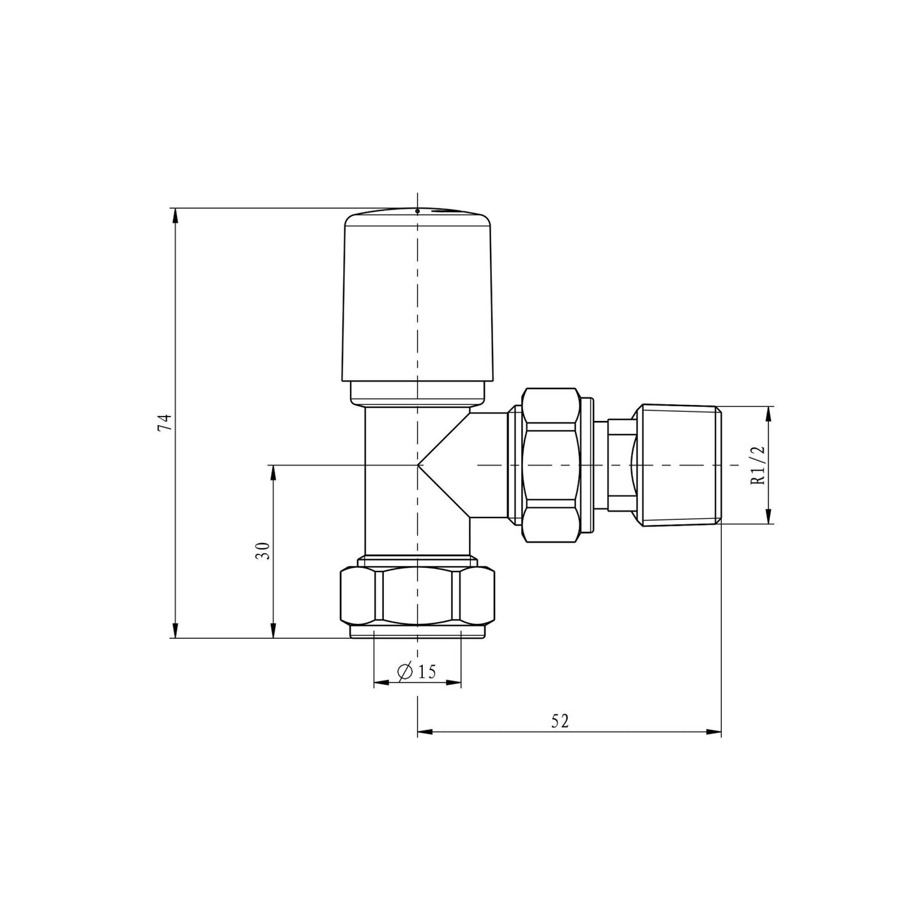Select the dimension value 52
coord(560,721)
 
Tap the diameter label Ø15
coord(417,671)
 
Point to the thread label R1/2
coord(758,465)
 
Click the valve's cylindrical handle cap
coord(418,300)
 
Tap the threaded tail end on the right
coord(680,466)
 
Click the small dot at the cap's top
coord(417,210)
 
